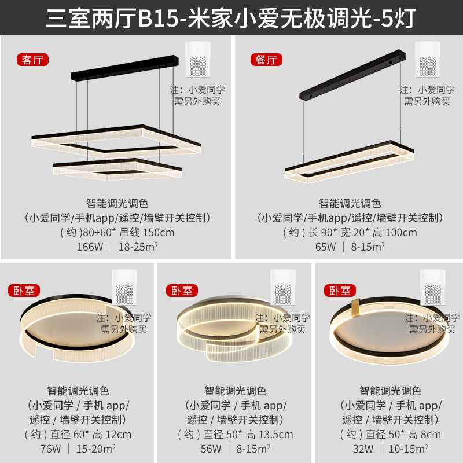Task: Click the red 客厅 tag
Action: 33,60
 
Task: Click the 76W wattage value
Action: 52,449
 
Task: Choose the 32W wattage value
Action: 365,449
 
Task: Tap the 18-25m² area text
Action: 139,247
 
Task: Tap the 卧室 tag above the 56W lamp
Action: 182,291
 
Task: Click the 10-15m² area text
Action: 408,449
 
